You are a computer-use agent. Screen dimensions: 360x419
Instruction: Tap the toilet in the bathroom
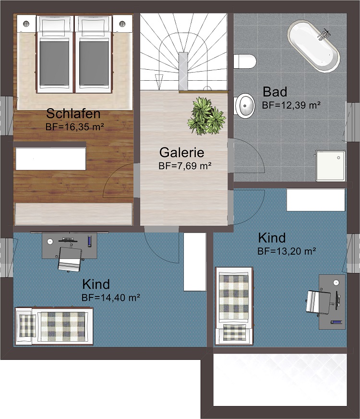click(x=245, y=61)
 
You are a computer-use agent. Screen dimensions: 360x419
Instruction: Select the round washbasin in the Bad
click(x=245, y=106)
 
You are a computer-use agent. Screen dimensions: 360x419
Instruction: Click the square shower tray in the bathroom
click(x=330, y=165)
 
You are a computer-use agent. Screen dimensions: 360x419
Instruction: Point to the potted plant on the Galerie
click(x=206, y=116)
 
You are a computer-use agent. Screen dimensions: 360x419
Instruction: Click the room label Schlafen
click(x=73, y=113)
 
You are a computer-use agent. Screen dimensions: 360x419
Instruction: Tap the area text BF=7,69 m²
click(x=185, y=166)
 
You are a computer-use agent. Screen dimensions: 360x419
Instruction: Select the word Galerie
click(x=182, y=152)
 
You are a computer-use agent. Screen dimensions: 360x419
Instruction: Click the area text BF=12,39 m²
click(x=291, y=105)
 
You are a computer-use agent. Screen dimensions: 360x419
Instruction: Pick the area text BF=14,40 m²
click(x=111, y=297)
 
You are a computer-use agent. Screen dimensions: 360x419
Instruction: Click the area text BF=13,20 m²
click(x=287, y=251)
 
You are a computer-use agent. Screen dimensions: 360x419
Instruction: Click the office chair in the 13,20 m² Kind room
click(x=319, y=301)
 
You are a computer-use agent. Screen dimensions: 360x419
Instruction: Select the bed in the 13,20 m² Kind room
click(x=234, y=306)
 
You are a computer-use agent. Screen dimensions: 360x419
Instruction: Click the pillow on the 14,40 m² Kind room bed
click(x=27, y=325)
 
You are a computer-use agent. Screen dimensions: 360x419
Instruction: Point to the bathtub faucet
click(x=324, y=34)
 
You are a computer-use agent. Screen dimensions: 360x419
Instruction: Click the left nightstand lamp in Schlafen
click(x=26, y=24)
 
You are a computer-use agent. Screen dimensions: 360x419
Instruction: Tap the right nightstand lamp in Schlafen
click(x=122, y=24)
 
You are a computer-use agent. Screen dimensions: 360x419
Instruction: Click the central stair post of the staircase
click(x=183, y=71)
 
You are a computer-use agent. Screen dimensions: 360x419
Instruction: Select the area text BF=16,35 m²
click(x=75, y=127)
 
